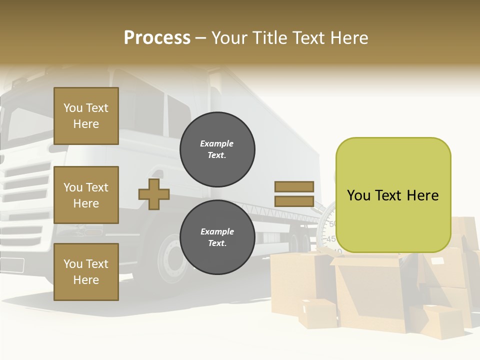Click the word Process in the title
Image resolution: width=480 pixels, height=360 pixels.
point(157,38)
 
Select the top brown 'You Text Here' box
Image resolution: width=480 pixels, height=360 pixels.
point(86,116)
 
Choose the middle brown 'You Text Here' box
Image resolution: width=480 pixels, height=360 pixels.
point(86,195)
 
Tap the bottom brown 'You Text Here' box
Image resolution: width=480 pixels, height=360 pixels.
point(86,272)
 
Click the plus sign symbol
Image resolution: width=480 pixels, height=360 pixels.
point(154,194)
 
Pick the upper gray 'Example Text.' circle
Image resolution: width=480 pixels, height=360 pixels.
point(217,149)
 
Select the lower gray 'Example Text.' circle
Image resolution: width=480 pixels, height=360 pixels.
point(217,237)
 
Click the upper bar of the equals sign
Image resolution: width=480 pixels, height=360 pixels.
point(294,186)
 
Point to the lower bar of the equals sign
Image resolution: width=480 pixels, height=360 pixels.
point(294,201)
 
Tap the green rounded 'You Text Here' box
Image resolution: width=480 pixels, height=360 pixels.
point(393,195)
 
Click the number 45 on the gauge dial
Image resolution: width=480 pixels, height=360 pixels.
point(330,239)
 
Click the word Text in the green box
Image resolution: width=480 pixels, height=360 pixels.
point(392,195)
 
